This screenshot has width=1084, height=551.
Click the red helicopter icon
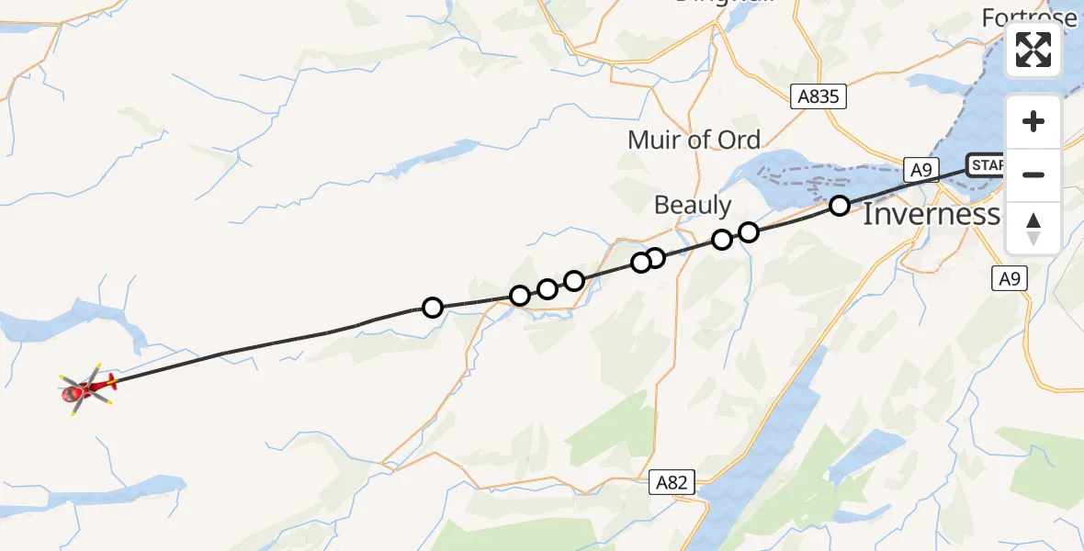tap(86, 389)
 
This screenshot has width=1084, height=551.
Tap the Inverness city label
tap(930, 215)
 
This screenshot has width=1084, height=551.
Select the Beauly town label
tap(693, 205)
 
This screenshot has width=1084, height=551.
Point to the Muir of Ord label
tap(694, 140)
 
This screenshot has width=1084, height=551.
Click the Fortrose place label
tap(1029, 17)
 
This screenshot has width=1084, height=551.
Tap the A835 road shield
tap(818, 96)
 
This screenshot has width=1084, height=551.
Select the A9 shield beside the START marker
tap(922, 168)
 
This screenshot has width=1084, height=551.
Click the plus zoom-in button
tap(1033, 122)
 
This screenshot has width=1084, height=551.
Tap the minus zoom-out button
tap(1033, 174)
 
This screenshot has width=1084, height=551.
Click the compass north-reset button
tap(1033, 228)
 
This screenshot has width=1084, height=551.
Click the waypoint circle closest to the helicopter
tap(432, 308)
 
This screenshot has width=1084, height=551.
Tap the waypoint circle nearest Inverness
tap(839, 206)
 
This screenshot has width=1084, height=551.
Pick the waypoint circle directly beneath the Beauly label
tap(722, 240)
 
